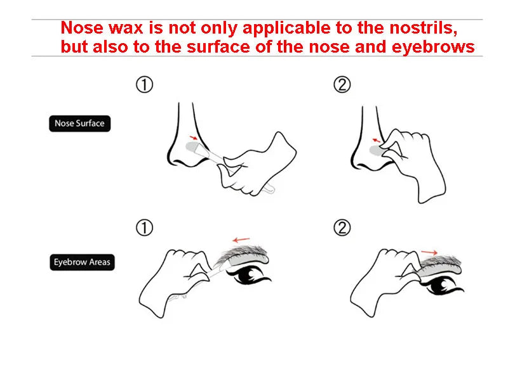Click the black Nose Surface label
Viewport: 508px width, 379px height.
(x=80, y=124)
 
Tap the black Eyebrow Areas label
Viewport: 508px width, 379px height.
(x=83, y=262)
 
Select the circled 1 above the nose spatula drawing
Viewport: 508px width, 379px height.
(x=144, y=85)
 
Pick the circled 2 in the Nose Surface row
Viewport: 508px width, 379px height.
(x=342, y=85)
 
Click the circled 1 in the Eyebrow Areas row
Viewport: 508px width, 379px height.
(x=144, y=228)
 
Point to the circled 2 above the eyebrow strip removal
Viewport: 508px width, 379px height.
(x=342, y=228)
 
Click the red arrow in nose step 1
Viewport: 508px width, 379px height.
(x=194, y=138)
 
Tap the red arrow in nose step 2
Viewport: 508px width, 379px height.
(x=376, y=140)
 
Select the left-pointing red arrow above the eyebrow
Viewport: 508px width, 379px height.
(x=241, y=240)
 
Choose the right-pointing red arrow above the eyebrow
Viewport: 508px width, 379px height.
(x=429, y=252)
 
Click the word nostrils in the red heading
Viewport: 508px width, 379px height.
(x=424, y=28)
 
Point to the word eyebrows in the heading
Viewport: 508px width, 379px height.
(x=433, y=47)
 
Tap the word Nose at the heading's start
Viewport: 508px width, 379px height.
(x=83, y=28)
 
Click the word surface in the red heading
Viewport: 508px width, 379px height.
(x=218, y=47)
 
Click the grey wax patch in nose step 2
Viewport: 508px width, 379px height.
(x=376, y=150)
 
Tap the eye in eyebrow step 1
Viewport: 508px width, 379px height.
(x=249, y=276)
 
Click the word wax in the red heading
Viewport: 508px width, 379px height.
(x=126, y=29)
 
